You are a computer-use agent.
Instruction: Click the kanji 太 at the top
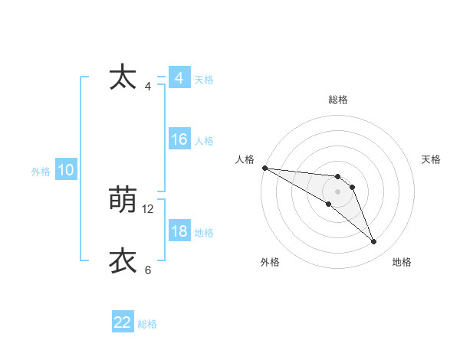point(123,78)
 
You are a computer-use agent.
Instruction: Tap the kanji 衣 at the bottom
point(123,261)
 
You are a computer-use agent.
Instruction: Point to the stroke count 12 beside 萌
point(148,208)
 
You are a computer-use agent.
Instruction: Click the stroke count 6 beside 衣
point(148,270)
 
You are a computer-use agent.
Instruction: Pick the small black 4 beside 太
point(148,86)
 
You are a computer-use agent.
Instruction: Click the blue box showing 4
point(179,78)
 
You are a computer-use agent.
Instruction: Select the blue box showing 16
point(179,139)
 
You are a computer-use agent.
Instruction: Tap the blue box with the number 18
point(179,231)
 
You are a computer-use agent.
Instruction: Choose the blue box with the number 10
point(65,170)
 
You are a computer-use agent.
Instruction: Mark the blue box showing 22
point(123,322)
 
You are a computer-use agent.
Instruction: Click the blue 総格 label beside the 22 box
point(147,324)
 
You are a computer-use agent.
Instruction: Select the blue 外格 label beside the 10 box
point(41,172)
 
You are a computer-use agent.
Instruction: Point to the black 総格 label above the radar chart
point(338,100)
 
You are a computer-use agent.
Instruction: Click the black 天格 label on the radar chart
point(432,159)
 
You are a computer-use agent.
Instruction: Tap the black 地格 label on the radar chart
point(402,262)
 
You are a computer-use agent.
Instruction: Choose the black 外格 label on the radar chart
point(270,262)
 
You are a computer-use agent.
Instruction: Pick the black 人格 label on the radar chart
point(245,159)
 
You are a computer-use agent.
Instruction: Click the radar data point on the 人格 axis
point(264,168)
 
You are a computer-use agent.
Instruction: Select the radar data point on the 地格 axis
point(374,242)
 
